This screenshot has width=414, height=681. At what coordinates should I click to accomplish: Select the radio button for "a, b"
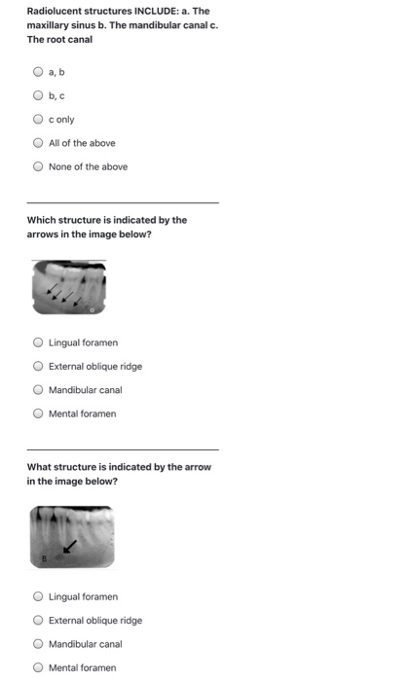click(38, 72)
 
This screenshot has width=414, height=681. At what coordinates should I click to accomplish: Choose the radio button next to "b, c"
click(38, 95)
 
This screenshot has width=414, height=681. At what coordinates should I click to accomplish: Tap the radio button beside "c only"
click(38, 120)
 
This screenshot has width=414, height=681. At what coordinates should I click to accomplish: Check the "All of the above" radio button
click(38, 143)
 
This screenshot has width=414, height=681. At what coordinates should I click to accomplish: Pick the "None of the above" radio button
click(38, 166)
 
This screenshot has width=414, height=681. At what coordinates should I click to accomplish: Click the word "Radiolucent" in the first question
click(54, 12)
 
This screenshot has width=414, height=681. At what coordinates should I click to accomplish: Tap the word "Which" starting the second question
click(40, 220)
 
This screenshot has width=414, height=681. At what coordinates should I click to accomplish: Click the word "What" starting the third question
click(38, 467)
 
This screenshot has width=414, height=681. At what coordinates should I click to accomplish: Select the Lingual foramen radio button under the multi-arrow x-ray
click(38, 342)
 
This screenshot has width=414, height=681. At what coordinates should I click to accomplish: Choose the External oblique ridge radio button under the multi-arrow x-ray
click(38, 367)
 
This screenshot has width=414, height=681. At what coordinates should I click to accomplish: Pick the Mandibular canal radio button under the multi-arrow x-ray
click(38, 390)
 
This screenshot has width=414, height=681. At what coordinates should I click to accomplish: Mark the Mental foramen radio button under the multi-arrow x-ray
click(38, 413)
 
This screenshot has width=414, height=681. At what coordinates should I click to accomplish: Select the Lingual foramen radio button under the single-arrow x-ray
click(38, 596)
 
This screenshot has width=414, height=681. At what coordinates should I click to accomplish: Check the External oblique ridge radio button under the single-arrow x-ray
click(38, 621)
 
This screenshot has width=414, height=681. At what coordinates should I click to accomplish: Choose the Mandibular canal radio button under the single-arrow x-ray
click(38, 644)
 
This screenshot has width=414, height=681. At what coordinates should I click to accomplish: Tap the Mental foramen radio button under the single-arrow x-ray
click(38, 667)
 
